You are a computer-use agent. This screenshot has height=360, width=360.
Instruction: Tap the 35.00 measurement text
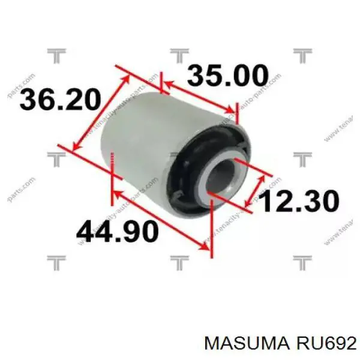coord(227,77)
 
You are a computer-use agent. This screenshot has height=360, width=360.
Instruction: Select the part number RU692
coord(321,343)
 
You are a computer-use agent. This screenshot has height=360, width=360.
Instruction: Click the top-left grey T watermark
coord(56,56)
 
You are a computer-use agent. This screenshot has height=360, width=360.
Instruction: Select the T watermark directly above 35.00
coord(179,56)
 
